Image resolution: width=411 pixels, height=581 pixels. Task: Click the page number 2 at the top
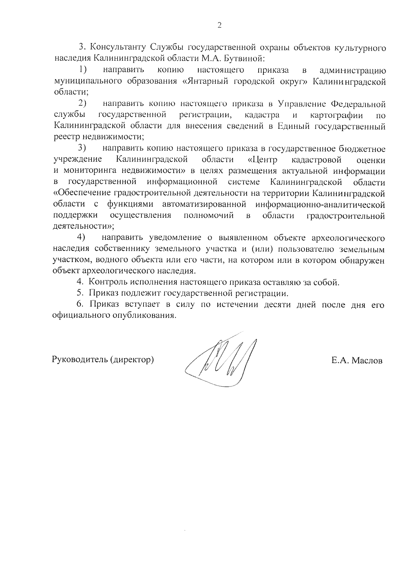coord(219,26)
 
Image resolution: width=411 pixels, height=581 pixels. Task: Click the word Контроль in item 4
coord(108,282)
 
